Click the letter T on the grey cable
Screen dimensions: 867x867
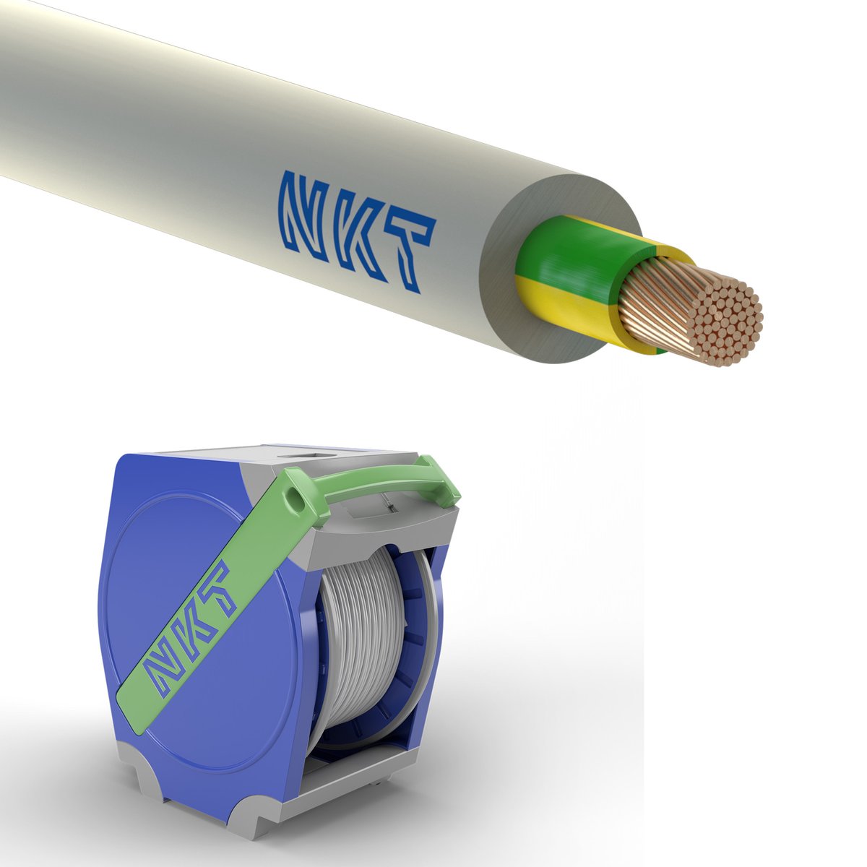pos(410,252)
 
